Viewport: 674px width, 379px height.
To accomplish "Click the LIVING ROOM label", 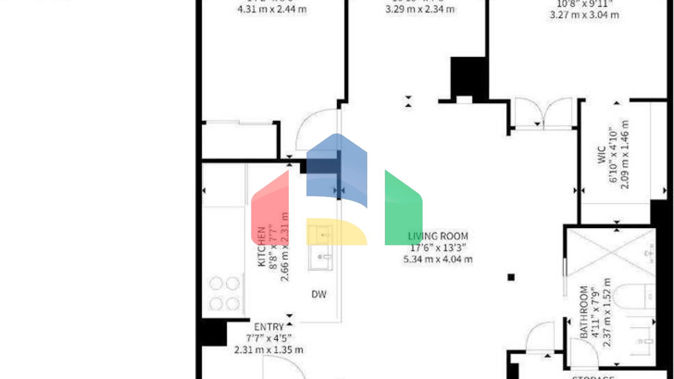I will coord(437,236).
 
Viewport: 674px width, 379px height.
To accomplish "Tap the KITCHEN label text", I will coord(262,247).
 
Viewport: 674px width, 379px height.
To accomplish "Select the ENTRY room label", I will coord(269,327).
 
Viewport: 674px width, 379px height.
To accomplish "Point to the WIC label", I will coord(602,154).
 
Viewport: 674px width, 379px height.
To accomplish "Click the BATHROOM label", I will coord(584,312).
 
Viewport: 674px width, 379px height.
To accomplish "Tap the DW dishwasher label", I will coord(319,294).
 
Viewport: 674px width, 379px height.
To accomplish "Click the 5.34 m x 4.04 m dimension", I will coord(437,259).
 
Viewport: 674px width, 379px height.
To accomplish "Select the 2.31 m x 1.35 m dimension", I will coord(269,350).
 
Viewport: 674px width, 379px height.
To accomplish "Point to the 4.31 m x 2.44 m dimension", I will coord(272,9).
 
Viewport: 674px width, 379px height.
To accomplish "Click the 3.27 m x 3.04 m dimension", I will coord(584,15).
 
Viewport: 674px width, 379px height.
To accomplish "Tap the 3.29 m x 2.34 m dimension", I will coord(420,9).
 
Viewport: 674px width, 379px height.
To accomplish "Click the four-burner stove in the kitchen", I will coord(224,293).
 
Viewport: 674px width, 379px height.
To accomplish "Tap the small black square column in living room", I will coord(511,277).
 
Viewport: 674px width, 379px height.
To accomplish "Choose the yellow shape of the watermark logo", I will coord(336,232).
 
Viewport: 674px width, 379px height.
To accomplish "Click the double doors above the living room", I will coord(543,114).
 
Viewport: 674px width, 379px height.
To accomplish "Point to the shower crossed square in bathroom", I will coord(609,252).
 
